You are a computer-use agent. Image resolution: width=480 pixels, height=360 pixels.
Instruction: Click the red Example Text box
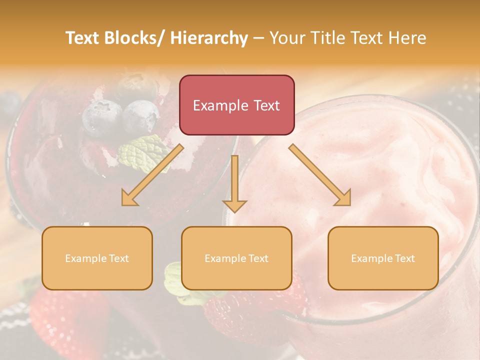236,105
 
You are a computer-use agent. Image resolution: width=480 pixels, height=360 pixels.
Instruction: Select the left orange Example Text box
97,258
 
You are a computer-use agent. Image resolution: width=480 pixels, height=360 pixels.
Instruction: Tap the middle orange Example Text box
236,258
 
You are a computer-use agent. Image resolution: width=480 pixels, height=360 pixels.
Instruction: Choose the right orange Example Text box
383,258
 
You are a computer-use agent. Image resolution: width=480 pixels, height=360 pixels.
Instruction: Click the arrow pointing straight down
234,183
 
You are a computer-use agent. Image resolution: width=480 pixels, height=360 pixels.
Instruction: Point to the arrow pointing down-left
153,175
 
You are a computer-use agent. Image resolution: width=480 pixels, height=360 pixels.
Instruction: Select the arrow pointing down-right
320,175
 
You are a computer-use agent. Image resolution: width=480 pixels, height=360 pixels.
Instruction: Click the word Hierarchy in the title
209,38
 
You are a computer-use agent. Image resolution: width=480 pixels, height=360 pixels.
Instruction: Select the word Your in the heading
287,38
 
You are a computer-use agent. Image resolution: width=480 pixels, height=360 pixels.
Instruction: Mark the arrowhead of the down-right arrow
342,197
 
